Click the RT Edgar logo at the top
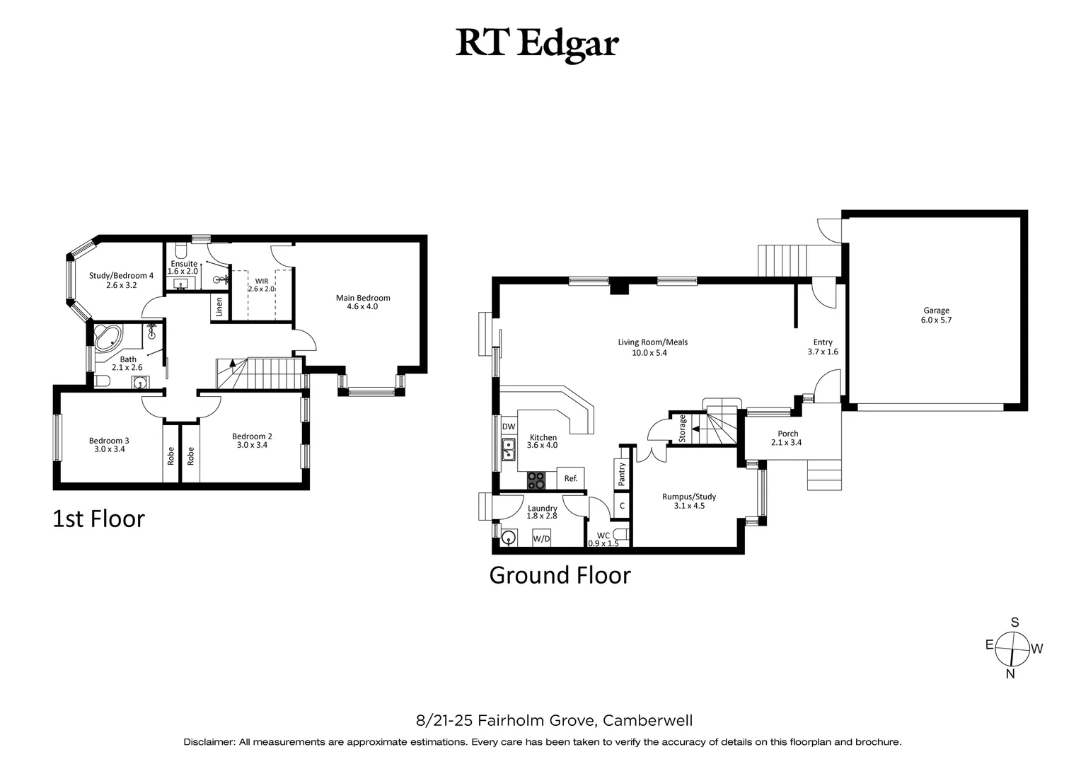538,43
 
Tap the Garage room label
936,311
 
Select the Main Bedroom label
362,298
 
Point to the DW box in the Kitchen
509,427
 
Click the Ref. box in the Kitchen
571,478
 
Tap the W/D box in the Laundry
542,539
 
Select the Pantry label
622,473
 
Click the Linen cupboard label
219,306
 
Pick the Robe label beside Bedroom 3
170,456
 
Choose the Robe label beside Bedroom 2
190,456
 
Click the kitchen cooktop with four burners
536,481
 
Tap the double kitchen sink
508,449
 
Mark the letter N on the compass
1010,674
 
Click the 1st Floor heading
99,519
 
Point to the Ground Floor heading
560,575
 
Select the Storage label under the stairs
682,428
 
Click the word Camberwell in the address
647,721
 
